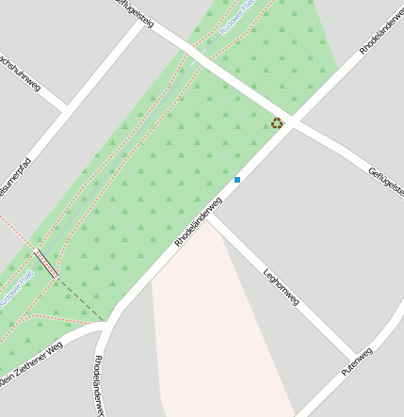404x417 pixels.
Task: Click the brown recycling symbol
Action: point(277,123)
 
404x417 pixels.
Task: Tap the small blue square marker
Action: point(237,179)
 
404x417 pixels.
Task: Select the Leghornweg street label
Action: point(282,287)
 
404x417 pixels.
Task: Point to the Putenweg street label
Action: point(357,361)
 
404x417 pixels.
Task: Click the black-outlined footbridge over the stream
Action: point(46,264)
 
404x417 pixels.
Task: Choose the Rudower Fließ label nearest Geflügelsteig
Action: point(237,17)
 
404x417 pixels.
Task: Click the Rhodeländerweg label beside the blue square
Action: point(199,222)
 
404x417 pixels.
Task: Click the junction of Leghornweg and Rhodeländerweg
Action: point(210,217)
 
